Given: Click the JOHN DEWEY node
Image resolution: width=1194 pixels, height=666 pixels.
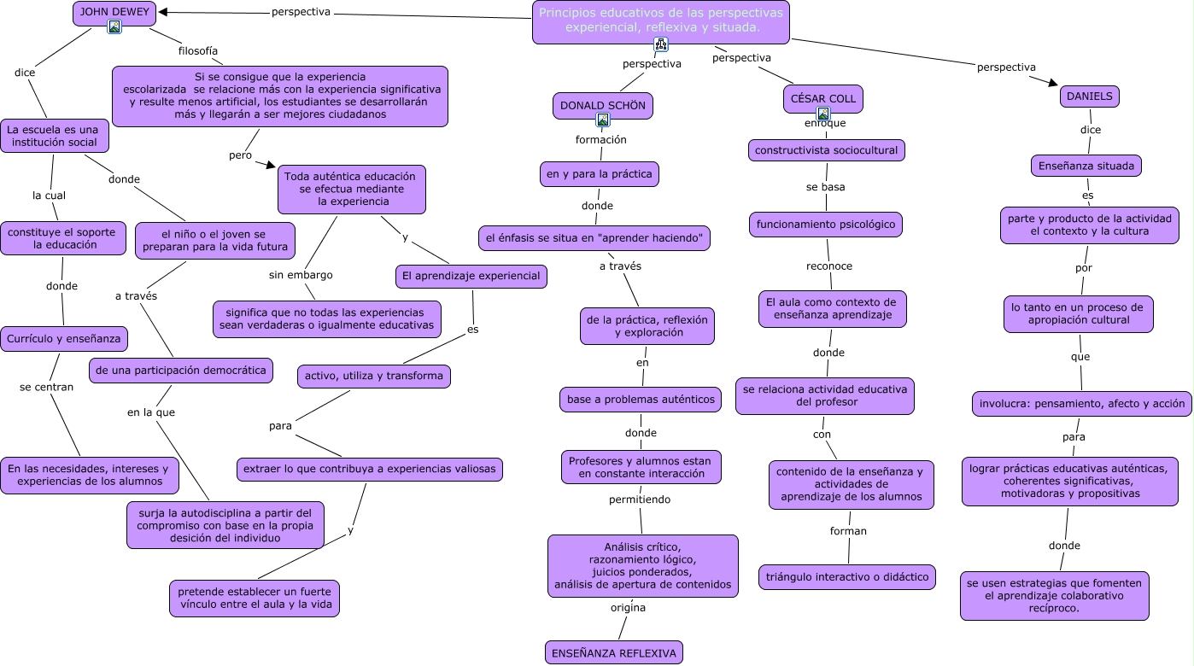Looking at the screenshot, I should coord(114,12).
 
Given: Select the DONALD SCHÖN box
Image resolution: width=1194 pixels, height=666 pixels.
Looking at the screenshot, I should coord(602,106).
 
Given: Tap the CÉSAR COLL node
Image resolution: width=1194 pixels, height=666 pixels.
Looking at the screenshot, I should coord(822,98).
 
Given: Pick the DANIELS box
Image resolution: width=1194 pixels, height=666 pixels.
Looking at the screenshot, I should coord(1089,96).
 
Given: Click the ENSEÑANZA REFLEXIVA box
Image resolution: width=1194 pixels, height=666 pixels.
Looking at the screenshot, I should coord(613,653).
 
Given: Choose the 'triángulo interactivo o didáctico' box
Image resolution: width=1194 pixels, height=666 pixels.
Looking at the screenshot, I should coord(846,577).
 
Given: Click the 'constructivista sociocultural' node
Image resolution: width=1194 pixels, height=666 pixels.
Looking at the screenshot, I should coord(826,150).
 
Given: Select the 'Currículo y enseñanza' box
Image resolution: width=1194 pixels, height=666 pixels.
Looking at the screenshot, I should coord(64,339).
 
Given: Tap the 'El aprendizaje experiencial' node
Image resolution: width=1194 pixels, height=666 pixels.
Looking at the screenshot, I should coord(471,276).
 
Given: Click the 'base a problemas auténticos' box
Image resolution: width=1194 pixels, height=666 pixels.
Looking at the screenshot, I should coord(641,399).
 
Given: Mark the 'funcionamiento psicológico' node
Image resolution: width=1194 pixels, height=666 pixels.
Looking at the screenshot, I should coord(826,225).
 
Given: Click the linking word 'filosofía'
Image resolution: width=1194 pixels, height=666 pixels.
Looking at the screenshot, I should coord(198,50).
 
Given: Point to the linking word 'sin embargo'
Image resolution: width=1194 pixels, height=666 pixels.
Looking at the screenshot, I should coord(301,275).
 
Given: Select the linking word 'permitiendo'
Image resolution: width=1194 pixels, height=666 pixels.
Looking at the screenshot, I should coord(640,499).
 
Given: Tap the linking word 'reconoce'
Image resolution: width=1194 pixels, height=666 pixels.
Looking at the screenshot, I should coord(829,266).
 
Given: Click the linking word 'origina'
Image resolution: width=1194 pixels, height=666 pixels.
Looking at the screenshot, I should coord(628,608).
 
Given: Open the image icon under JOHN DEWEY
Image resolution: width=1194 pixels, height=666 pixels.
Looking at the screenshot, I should coord(114,27).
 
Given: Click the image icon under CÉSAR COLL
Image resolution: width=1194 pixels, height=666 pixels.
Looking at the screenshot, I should coord(823,114).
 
